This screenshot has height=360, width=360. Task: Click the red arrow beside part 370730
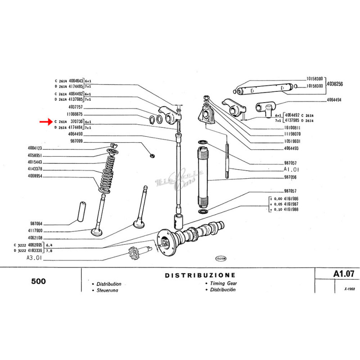(x=45, y=121)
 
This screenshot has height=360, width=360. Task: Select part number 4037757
(x=76, y=107)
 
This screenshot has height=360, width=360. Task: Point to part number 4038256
(x=334, y=84)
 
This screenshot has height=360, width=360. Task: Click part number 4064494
(x=334, y=100)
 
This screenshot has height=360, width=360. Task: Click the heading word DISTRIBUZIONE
(x=200, y=274)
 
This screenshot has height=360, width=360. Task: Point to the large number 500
(x=39, y=282)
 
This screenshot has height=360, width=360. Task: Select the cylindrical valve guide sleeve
(x=79, y=210)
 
